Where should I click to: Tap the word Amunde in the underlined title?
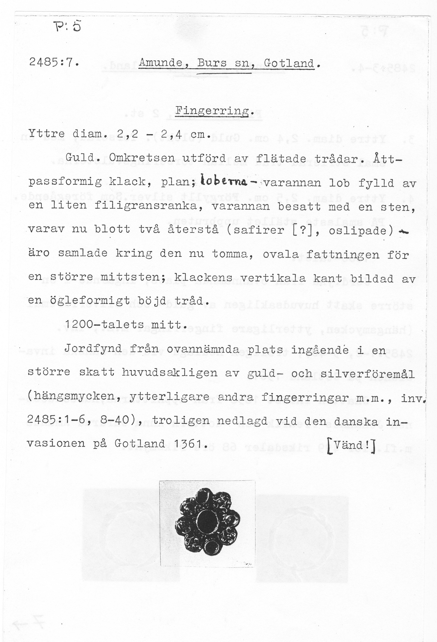(160, 63)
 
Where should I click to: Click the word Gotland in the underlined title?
(289, 64)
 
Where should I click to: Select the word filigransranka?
(146, 206)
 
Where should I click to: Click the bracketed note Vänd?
(351, 444)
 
